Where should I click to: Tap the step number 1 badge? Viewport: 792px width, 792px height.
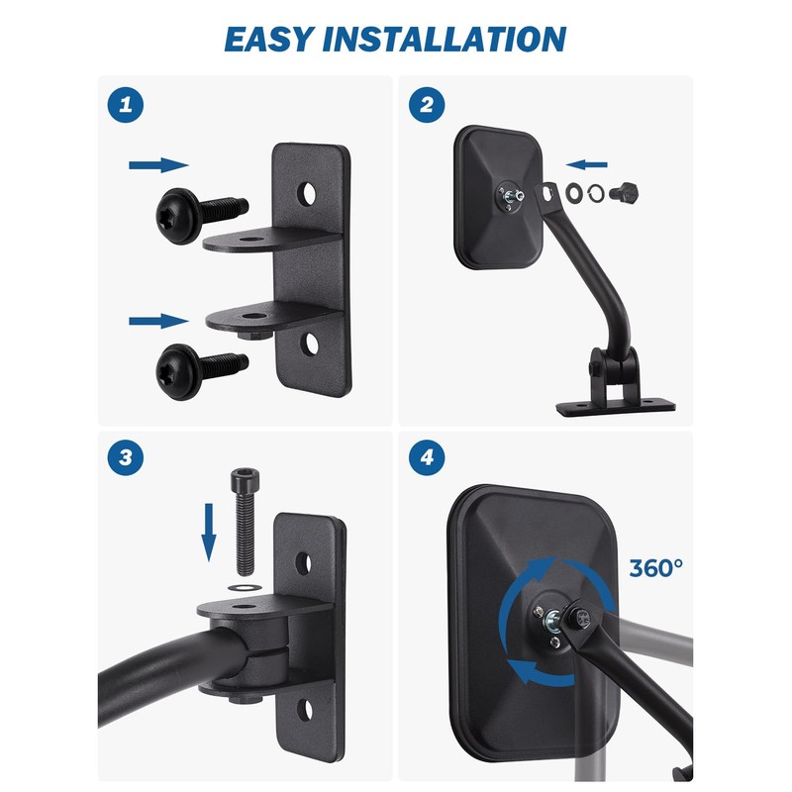tap(126, 105)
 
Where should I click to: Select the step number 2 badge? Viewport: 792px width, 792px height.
tap(427, 105)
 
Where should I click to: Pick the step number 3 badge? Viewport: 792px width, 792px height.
tap(126, 457)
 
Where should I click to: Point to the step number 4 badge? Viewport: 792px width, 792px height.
tap(427, 457)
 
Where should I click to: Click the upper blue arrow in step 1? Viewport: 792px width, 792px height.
tap(158, 164)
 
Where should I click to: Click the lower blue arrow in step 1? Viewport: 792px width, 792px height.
tap(158, 321)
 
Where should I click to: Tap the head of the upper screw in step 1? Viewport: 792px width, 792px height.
tap(178, 216)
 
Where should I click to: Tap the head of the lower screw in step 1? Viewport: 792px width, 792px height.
tap(178, 372)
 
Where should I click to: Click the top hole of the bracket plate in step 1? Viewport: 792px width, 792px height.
tap(306, 194)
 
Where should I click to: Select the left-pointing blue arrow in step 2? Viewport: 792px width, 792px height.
tap(586, 164)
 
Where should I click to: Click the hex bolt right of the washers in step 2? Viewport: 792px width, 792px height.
tap(624, 192)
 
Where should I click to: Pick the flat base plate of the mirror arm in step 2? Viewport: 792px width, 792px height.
tap(616, 406)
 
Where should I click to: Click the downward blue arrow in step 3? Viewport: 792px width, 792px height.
tap(209, 533)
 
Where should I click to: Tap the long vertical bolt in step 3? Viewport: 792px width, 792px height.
tap(245, 522)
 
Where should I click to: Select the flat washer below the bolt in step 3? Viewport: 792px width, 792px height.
tap(245, 587)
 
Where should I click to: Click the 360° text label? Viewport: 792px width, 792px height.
tap(656, 568)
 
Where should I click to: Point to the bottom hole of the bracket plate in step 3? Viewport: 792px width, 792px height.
tap(305, 710)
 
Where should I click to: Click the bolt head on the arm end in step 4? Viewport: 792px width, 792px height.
tap(581, 616)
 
